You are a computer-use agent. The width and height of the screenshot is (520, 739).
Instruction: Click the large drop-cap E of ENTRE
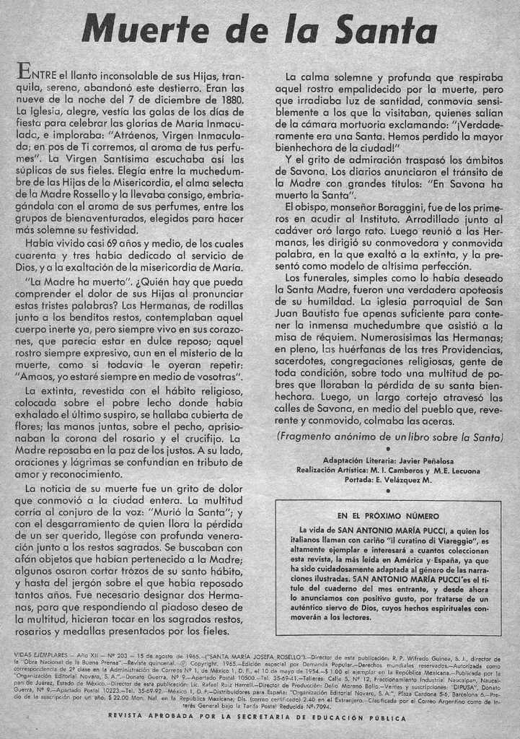point(23,71)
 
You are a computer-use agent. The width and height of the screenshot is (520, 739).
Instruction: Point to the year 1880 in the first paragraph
point(227,100)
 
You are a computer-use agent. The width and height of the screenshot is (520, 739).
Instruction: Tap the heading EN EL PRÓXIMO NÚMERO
point(388,516)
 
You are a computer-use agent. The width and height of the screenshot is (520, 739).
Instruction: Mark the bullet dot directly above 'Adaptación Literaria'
point(388,449)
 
